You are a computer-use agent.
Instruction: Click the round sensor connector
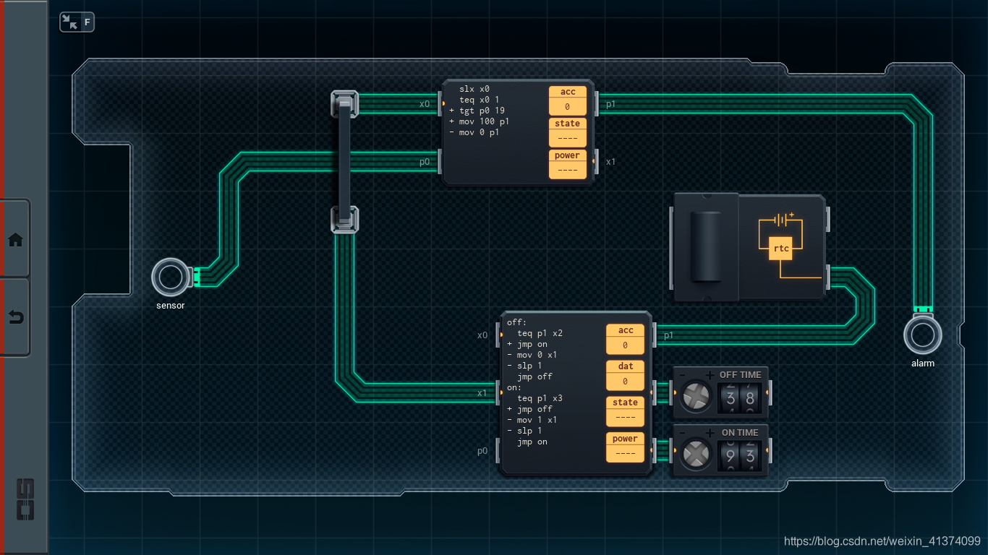tap(170, 277)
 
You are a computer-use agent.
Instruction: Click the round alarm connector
tap(923, 335)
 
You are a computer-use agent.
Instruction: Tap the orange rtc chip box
tap(780, 249)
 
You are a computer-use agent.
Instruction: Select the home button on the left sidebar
tap(15, 240)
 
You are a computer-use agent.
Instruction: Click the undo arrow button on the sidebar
tap(16, 317)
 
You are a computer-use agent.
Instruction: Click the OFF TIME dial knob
tap(696, 396)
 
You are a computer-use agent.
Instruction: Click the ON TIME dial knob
tap(696, 454)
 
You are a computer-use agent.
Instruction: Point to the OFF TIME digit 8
tap(750, 398)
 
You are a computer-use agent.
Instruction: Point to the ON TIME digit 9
tap(731, 456)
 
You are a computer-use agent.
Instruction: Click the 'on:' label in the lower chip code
tap(514, 387)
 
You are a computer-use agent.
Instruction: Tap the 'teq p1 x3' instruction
tap(540, 398)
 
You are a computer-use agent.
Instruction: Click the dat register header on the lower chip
tap(625, 366)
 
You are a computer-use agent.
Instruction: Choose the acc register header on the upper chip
tap(568, 92)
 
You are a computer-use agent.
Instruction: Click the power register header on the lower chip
tap(625, 439)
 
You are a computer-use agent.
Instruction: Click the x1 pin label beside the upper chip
tap(610, 162)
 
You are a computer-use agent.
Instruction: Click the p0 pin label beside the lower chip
tap(482, 451)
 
